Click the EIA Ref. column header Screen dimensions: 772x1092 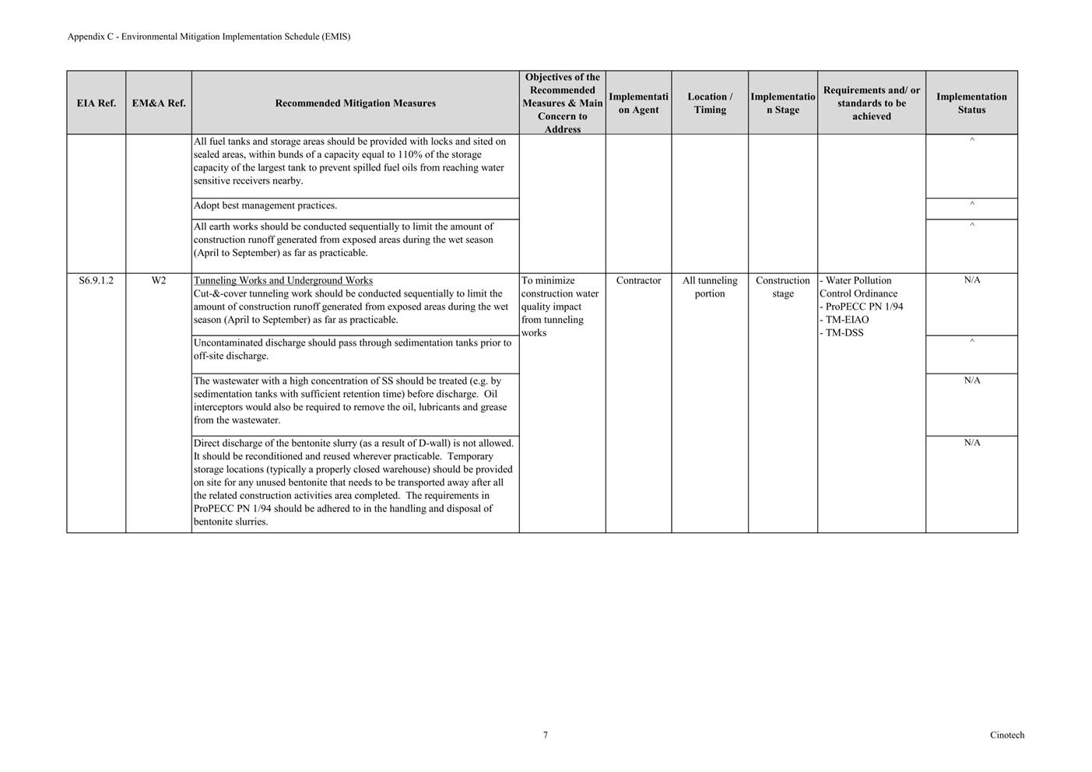[x=96, y=103]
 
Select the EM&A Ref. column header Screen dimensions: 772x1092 [x=159, y=103]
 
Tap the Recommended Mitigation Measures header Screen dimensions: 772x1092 [x=355, y=103]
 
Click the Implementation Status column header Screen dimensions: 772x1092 [x=971, y=103]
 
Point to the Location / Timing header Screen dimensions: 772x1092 [x=710, y=103]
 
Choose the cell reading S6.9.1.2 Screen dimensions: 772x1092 [x=96, y=280]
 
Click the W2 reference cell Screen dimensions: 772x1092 [x=159, y=280]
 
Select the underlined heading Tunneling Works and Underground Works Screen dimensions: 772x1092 [x=283, y=280]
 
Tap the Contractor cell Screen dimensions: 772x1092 [x=638, y=280]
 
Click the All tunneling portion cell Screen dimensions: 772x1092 [x=710, y=286]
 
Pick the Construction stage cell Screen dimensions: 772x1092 [x=783, y=286]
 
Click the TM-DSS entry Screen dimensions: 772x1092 [x=844, y=333]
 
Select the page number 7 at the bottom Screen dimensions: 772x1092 [x=546, y=735]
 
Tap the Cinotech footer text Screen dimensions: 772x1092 [x=1007, y=735]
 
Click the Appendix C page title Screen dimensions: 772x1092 [x=209, y=37]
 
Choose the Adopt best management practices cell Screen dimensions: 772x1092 [x=265, y=205]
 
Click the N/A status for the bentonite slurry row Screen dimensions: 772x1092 [x=972, y=443]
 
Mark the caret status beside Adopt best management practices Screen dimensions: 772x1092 [x=972, y=205]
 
